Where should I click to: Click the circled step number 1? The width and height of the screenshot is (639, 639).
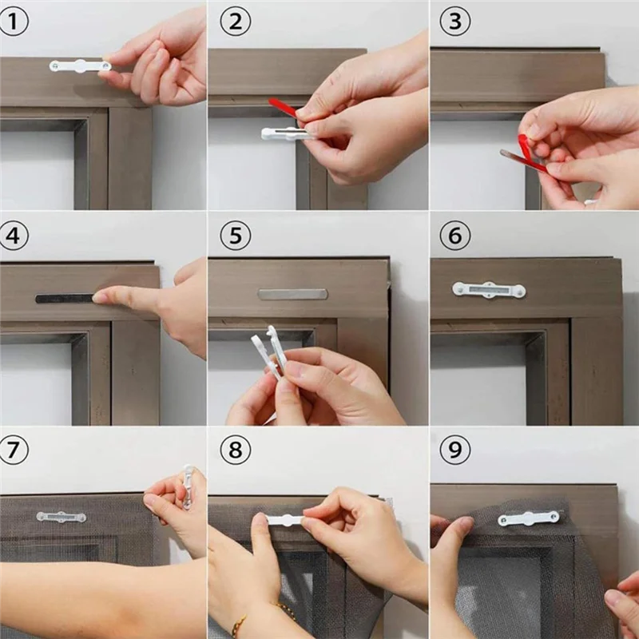coord(14,22)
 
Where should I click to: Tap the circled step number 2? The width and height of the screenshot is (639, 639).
coord(235,22)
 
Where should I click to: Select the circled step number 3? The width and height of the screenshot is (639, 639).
coord(454,22)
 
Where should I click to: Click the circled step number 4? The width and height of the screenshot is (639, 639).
coord(14,236)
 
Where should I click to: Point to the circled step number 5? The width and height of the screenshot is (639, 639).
coord(235,236)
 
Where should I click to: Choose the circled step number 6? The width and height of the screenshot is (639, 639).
coord(454,236)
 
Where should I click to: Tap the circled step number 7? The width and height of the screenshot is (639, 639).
coord(14,450)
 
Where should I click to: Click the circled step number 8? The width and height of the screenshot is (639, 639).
coord(235,450)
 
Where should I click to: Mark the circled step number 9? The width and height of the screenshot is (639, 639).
coord(454,450)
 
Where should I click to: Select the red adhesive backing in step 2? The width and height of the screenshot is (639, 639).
coord(283,107)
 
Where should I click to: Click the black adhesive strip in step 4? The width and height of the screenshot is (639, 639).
coord(64,299)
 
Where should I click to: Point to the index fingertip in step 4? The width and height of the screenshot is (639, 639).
coord(101,298)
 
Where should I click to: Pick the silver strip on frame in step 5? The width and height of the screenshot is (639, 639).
coord(292,294)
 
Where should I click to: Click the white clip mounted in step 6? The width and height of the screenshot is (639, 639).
coord(489,289)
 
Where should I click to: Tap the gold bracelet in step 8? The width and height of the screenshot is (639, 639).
coord(264,616)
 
